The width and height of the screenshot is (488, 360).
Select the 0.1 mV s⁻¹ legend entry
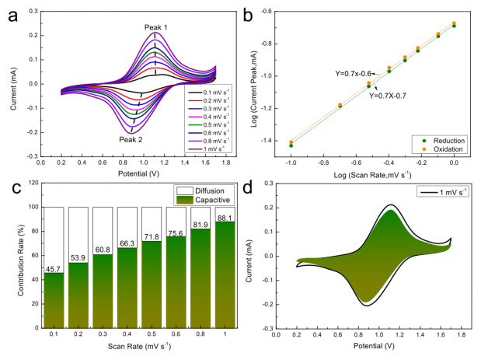204,92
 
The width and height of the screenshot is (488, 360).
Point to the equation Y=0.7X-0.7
389,96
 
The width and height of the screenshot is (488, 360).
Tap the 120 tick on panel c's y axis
29,183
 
